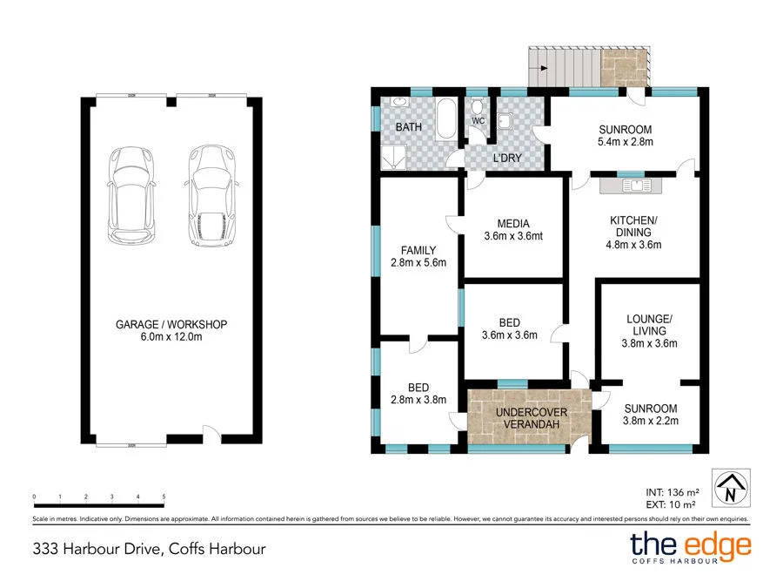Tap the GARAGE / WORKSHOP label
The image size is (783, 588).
point(171,324)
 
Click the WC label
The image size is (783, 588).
point(478,120)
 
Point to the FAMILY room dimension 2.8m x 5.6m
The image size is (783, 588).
point(418,263)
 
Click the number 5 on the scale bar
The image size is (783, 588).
point(164,496)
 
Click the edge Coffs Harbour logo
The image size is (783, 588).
point(690,548)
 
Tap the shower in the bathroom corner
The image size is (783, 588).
point(393,157)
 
